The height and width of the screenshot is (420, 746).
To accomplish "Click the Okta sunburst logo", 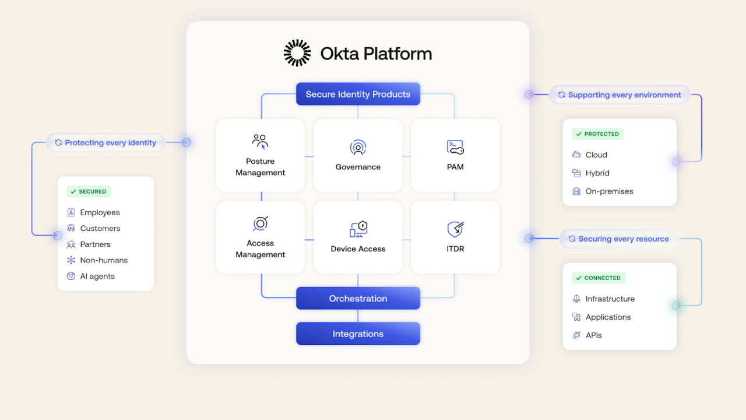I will [297, 53].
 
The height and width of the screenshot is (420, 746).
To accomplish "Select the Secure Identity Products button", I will [358, 94].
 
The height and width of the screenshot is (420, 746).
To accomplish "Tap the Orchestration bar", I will [358, 298].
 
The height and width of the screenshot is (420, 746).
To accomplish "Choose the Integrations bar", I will [358, 334].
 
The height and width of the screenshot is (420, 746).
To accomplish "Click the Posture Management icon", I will [260, 142].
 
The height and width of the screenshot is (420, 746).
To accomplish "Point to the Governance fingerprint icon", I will [358, 148].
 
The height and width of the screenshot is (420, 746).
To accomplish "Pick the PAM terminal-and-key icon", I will [455, 147].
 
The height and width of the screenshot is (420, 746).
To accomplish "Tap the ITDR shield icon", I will [455, 229].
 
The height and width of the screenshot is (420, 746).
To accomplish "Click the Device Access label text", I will [358, 249].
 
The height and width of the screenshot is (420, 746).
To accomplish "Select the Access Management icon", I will [260, 223].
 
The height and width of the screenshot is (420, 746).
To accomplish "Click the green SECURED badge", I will [89, 191].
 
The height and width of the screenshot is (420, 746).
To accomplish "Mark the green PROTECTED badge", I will [597, 134].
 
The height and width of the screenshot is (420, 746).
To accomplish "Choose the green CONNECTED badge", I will [598, 278].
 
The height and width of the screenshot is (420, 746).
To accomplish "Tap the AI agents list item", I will [97, 276].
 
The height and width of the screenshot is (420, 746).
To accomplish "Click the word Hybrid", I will [597, 173].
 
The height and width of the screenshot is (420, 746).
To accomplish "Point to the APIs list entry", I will [593, 335].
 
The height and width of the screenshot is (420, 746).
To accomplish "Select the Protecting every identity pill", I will [105, 142].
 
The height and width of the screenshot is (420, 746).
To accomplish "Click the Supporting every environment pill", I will [620, 94].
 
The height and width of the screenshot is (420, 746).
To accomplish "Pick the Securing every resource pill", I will [618, 239].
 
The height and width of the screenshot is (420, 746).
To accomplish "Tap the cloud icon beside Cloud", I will [576, 155].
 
